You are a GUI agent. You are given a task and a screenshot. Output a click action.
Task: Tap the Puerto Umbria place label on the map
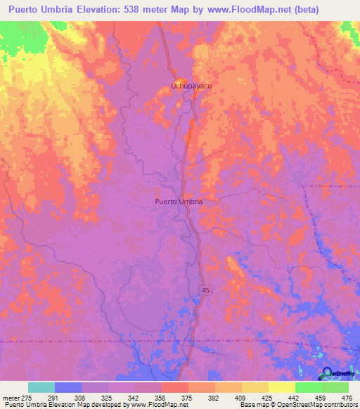(179, 201)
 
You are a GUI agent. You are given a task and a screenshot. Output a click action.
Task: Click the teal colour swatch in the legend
(41, 387)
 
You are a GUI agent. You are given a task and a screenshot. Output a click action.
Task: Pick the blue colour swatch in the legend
(68, 387)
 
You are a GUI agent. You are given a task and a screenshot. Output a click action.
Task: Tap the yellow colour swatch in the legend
(282, 387)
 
